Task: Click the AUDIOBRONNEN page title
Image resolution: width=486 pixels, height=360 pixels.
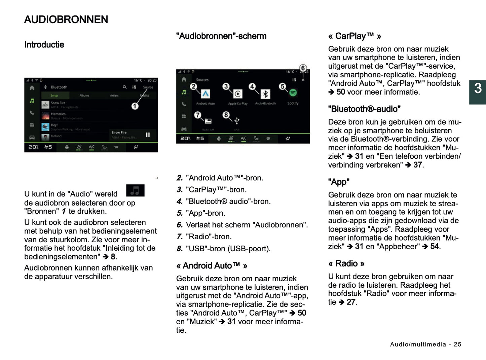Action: [x=66, y=20]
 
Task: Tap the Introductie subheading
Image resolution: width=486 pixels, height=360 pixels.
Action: [x=44, y=45]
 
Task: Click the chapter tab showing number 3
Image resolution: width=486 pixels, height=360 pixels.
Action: [x=478, y=89]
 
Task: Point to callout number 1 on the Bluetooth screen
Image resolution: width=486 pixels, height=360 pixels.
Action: [x=135, y=106]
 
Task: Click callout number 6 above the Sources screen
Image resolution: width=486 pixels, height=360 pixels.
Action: [x=303, y=68]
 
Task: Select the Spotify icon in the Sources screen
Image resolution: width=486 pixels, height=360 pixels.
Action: [x=293, y=93]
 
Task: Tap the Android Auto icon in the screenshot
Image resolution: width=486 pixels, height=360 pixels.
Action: [x=205, y=94]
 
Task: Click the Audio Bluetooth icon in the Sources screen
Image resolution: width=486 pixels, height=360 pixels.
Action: [x=265, y=94]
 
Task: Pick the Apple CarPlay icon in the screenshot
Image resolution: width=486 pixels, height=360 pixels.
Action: [x=238, y=94]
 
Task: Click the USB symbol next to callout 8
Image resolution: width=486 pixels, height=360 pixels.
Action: [x=237, y=120]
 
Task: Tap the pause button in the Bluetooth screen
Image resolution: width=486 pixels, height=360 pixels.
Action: [x=148, y=135]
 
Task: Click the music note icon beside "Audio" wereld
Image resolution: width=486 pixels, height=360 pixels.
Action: [x=135, y=190]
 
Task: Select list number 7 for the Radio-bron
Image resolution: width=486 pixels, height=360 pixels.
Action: [x=180, y=237]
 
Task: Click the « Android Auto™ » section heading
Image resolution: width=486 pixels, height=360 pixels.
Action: [x=212, y=266]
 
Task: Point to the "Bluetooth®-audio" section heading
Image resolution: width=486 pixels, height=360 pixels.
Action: [x=364, y=109]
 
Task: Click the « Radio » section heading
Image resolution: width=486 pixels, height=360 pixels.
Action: [x=346, y=263]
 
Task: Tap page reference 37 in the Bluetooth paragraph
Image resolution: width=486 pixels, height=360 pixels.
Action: [x=418, y=165]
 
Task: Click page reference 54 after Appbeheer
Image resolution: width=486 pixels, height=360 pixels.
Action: [x=435, y=247]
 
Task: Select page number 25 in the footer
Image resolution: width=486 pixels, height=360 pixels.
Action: [x=457, y=344]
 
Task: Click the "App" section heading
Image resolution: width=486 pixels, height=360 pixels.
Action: [x=338, y=182]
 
